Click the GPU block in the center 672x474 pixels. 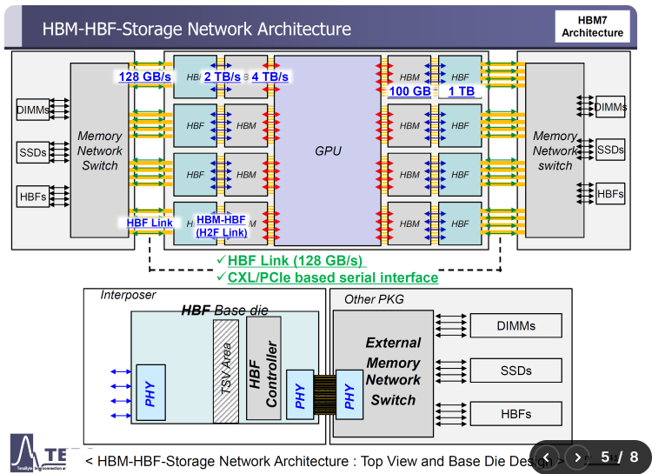(327, 150)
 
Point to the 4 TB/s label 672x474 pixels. (270, 77)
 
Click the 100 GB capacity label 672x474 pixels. (409, 90)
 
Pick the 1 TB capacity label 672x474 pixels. (462, 90)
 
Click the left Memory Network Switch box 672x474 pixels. (100, 150)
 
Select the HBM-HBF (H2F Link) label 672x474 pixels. (221, 226)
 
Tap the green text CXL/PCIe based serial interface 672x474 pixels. (333, 277)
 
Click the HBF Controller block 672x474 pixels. (263, 374)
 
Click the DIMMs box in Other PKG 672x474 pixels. (516, 326)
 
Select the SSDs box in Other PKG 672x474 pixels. (516, 371)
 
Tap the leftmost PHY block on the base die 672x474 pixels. (150, 394)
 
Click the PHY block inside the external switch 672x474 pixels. (349, 394)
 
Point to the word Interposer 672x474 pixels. (128, 296)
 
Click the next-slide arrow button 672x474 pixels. (576, 457)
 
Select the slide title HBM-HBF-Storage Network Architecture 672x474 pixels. (196, 29)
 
